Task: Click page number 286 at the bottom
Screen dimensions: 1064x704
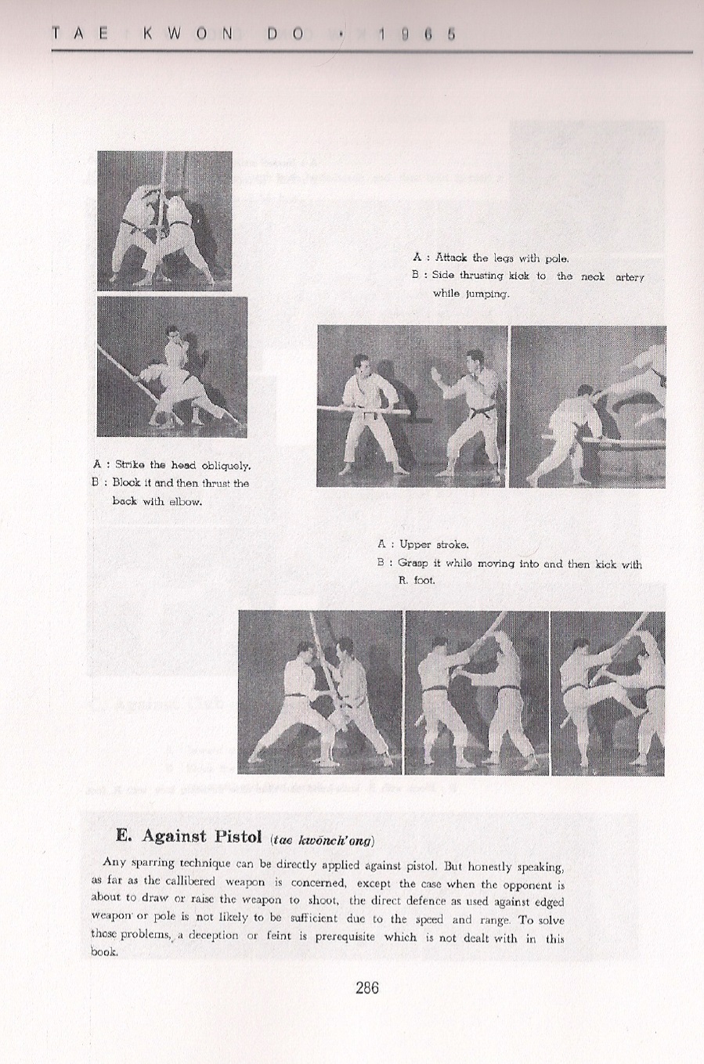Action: coord(366,987)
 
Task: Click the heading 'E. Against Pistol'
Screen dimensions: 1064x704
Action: coord(190,835)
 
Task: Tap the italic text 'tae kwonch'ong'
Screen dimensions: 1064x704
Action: coord(322,840)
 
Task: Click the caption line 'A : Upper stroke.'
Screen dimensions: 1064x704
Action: coord(423,544)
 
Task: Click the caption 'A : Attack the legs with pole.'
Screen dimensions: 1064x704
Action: coord(491,258)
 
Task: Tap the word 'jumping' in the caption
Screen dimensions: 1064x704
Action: coord(489,294)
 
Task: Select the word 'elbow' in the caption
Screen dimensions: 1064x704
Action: coord(184,501)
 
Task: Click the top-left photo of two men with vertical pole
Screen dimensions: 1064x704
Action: coord(164,220)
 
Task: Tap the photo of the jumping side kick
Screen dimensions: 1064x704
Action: coord(587,406)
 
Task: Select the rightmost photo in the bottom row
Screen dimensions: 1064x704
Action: coord(608,692)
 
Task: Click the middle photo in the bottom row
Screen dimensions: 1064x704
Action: coord(476,692)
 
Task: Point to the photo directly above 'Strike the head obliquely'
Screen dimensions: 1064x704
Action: coord(171,366)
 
